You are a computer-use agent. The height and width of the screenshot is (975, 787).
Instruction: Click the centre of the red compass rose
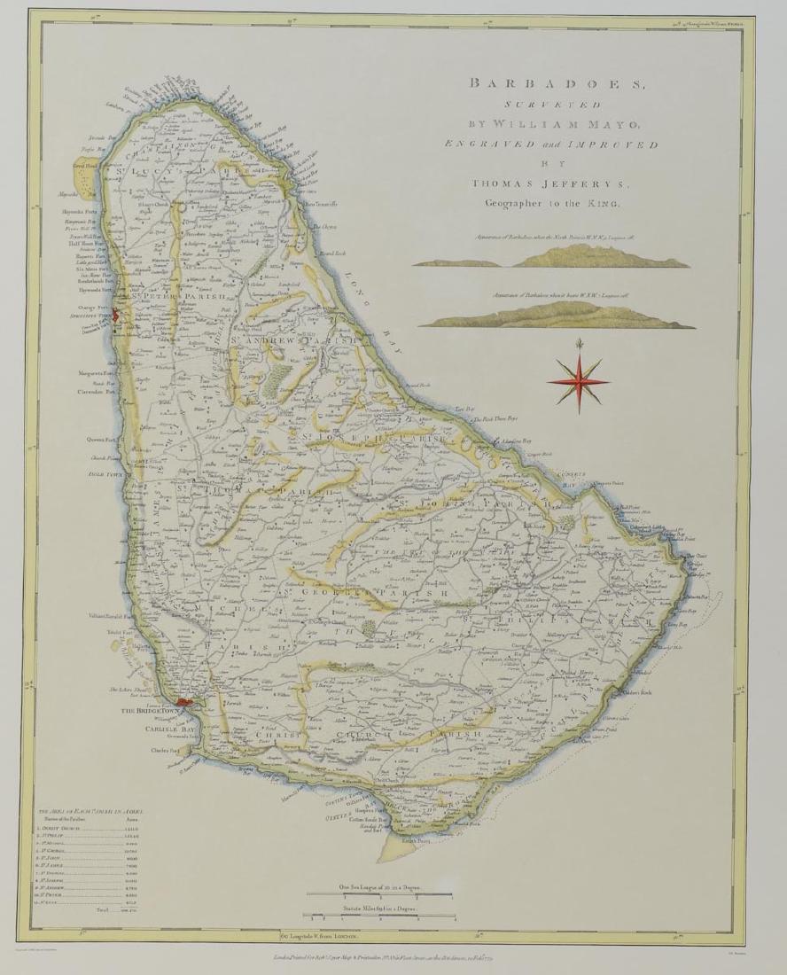[x=577, y=378]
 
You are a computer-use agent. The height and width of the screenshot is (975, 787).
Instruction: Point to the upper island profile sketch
[x=551, y=257]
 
